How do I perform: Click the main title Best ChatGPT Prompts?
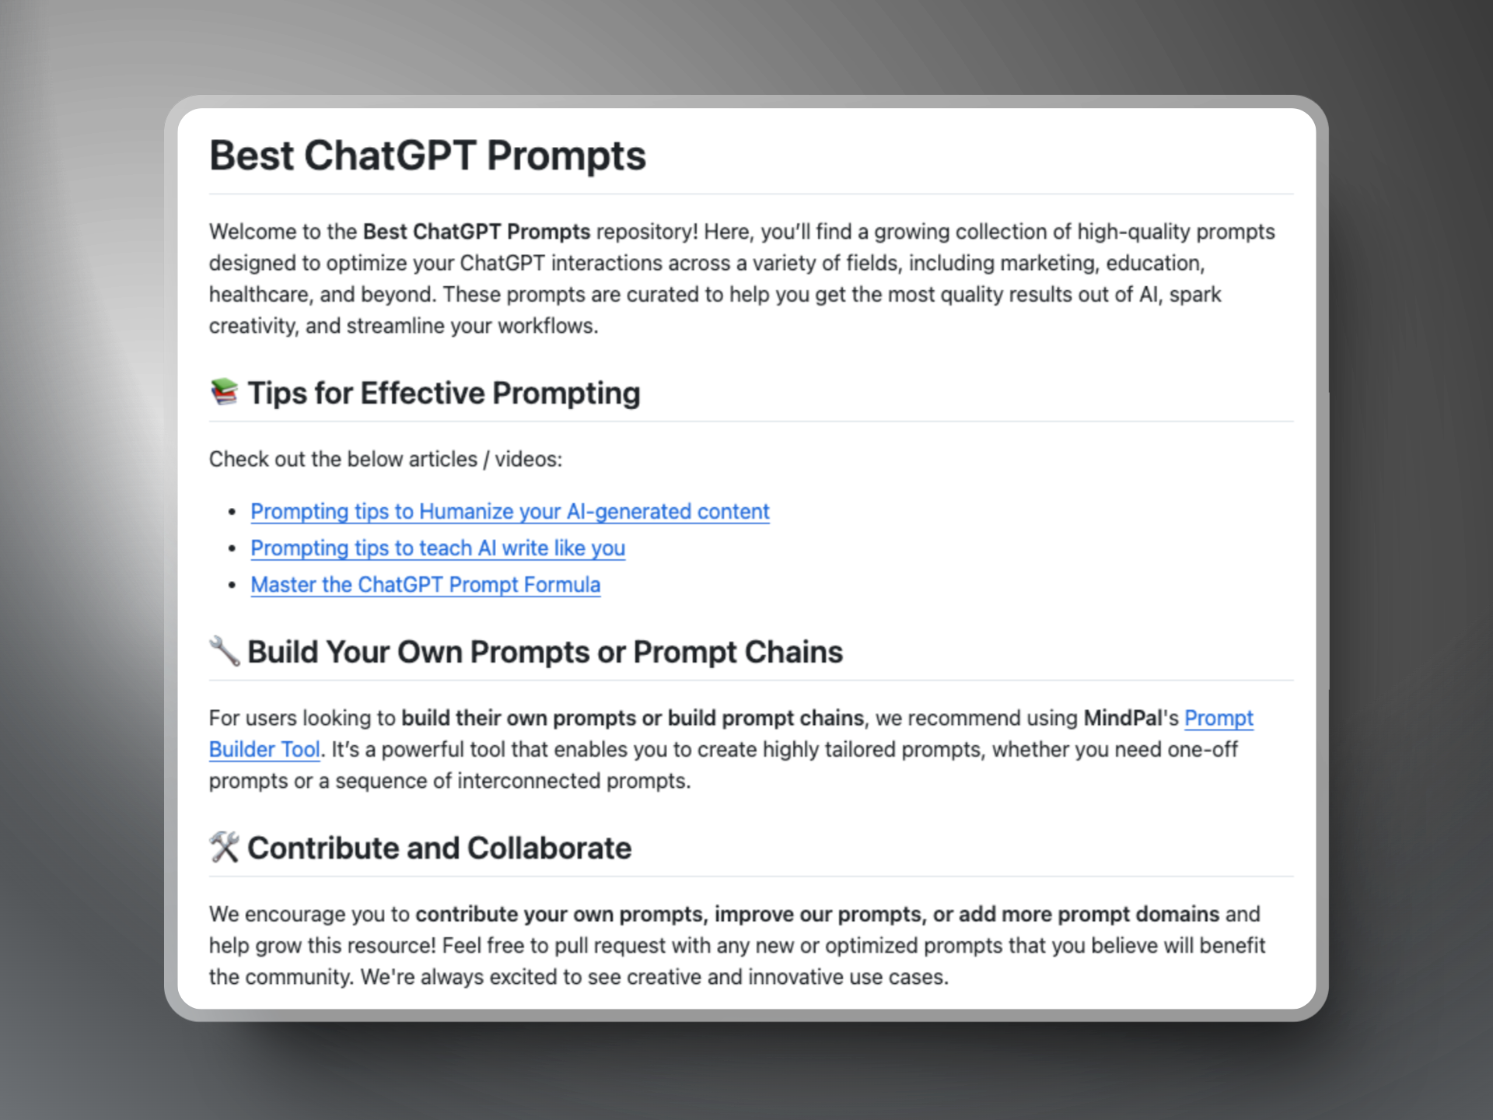pyautogui.click(x=428, y=156)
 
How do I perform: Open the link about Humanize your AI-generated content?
pyautogui.click(x=510, y=512)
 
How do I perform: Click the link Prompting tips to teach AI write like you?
pyautogui.click(x=438, y=548)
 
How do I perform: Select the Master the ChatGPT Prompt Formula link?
pyautogui.click(x=425, y=585)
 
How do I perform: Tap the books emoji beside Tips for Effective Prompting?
pyautogui.click(x=224, y=392)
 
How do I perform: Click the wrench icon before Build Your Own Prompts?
pyautogui.click(x=224, y=651)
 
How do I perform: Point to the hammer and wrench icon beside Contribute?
pyautogui.click(x=224, y=847)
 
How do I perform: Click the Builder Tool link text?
pyautogui.click(x=264, y=750)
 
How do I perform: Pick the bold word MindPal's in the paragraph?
pyautogui.click(x=1131, y=718)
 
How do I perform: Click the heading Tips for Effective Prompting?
pyautogui.click(x=444, y=394)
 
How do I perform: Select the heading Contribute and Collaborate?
pyautogui.click(x=439, y=848)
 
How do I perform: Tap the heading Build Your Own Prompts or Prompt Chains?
pyautogui.click(x=545, y=652)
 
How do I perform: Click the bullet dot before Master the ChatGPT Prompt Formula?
pyautogui.click(x=232, y=586)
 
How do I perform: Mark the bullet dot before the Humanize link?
pyautogui.click(x=232, y=513)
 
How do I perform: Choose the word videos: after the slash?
pyautogui.click(x=529, y=460)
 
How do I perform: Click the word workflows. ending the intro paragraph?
pyautogui.click(x=547, y=326)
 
